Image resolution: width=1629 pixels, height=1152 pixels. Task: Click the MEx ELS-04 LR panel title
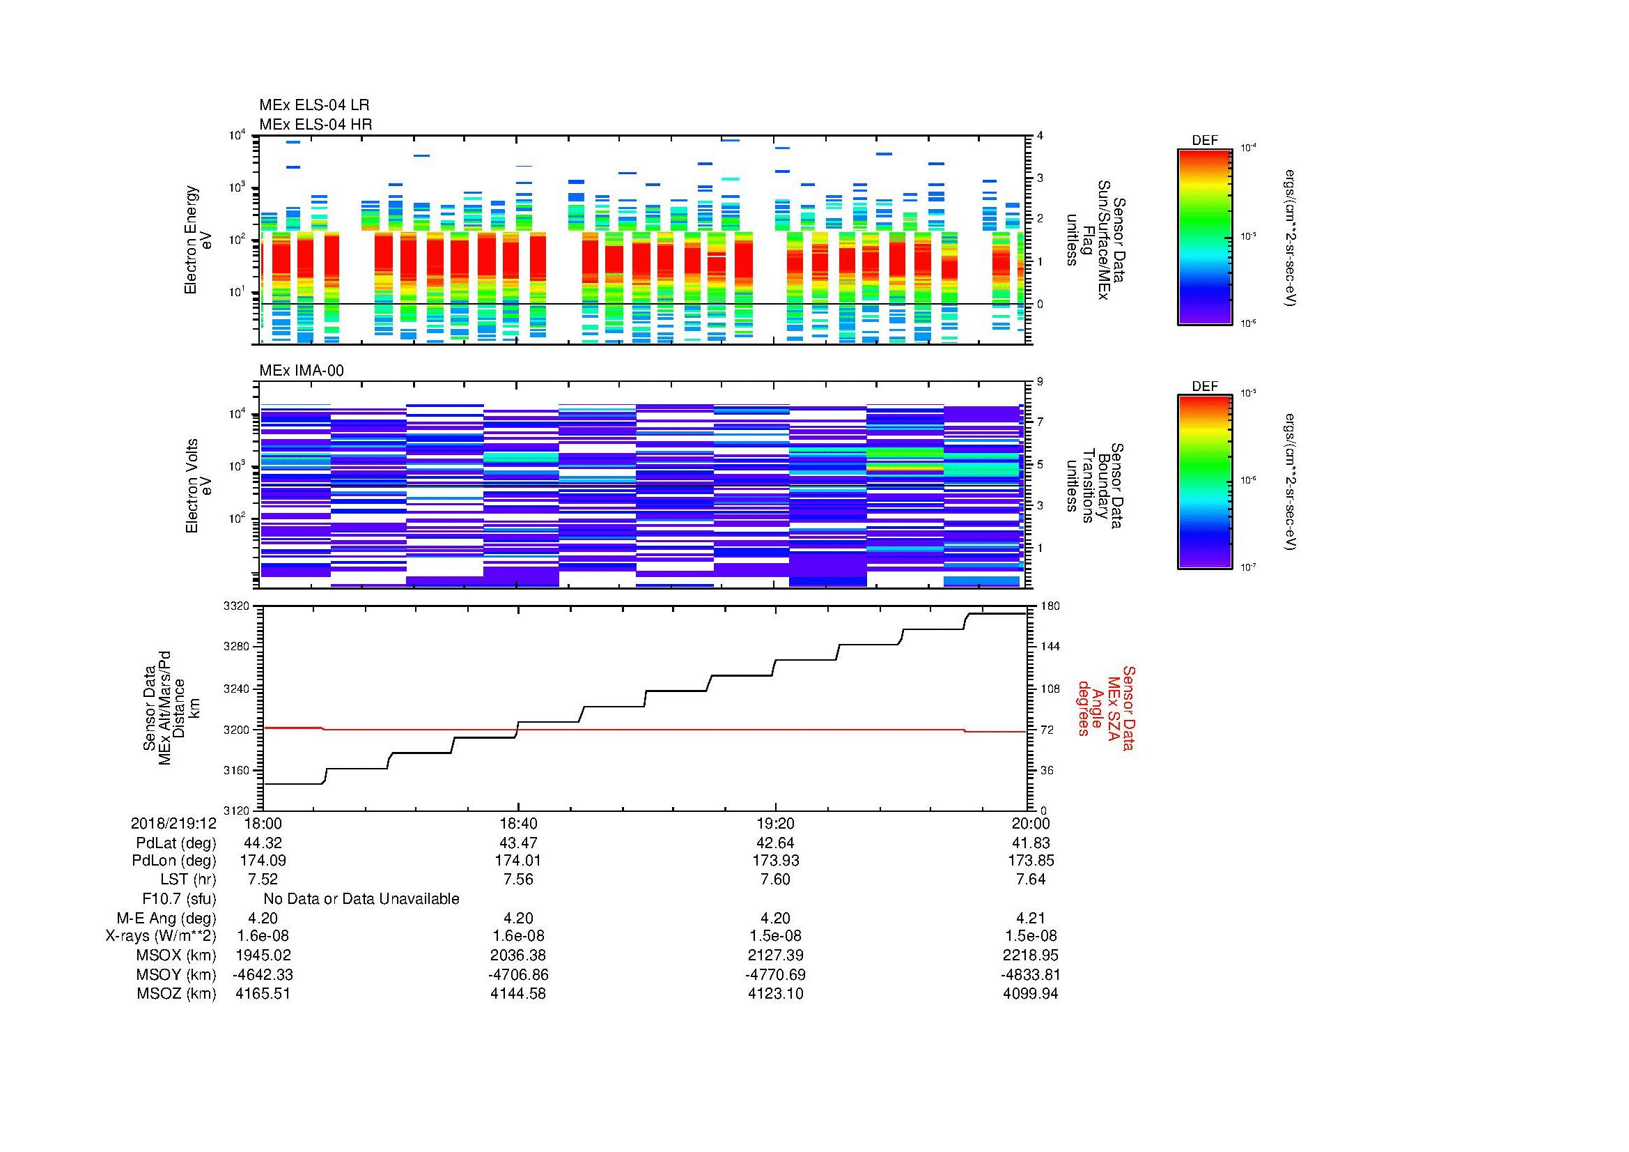point(314,105)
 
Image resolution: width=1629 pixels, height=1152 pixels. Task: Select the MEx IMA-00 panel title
point(302,371)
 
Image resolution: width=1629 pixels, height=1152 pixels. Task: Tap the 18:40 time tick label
point(519,823)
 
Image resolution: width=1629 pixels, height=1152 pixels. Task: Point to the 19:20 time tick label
point(775,823)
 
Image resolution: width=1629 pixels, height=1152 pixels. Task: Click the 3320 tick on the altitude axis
point(236,606)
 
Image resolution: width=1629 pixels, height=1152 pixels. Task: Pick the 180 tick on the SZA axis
point(1050,606)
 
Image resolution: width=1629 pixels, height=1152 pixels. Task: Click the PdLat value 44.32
point(263,843)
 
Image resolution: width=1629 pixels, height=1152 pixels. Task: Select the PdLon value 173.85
point(1031,861)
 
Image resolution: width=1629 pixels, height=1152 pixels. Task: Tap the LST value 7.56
point(519,880)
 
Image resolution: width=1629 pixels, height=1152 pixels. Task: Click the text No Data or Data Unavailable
point(361,899)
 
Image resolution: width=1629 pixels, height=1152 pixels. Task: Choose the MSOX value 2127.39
point(775,955)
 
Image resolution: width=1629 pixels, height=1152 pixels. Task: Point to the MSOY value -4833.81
point(1031,974)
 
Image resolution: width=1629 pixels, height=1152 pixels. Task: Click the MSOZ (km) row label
point(177,994)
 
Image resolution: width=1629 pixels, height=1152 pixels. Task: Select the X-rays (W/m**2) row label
point(161,936)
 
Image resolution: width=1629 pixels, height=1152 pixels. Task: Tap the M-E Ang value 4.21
point(1031,918)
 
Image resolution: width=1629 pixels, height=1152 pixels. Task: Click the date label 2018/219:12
point(173,823)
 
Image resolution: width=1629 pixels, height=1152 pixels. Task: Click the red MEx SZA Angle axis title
point(1105,707)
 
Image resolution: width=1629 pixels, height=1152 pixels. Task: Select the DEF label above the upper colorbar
point(1205,141)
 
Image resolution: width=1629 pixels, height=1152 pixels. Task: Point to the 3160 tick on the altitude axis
point(236,770)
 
